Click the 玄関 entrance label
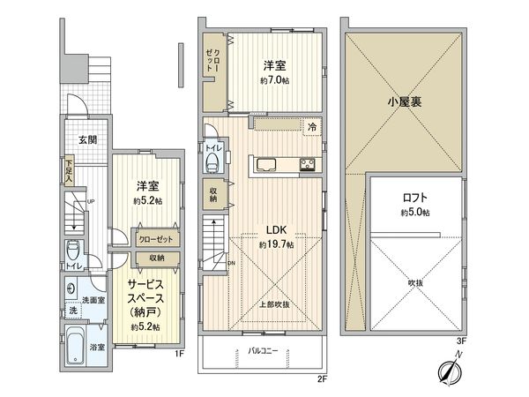tap(86, 139)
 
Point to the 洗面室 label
tap(87, 300)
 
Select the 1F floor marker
tap(179, 355)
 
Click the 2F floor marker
tap(322, 379)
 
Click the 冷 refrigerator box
tap(311, 128)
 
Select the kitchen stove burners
tap(308, 163)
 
